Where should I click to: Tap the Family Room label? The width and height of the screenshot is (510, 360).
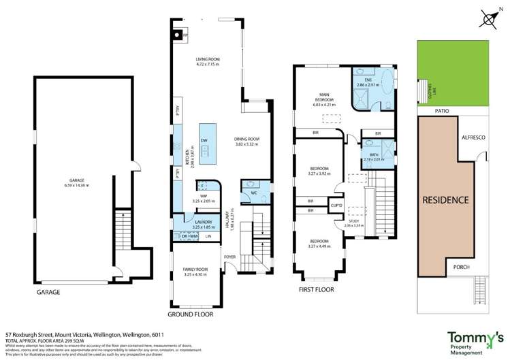(x=193, y=269)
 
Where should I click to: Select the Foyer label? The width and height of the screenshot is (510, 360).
(x=230, y=257)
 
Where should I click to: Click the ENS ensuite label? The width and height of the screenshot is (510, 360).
(x=367, y=80)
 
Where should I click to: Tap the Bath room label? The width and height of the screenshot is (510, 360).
(x=372, y=156)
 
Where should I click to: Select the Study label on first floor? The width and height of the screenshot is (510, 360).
(x=355, y=220)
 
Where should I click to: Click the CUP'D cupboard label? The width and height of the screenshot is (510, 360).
(x=336, y=205)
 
